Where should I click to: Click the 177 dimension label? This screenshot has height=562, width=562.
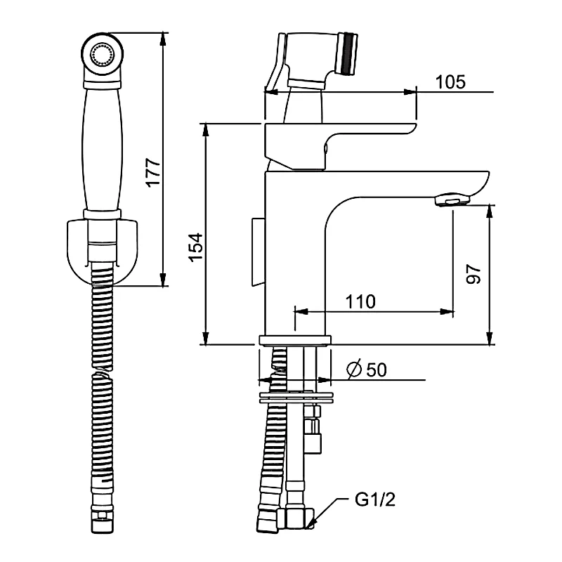point(154,172)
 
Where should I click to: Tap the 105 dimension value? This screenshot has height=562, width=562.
point(450,81)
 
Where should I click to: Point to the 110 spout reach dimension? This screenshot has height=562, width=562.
point(360,301)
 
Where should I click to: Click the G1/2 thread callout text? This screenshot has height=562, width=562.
point(371,500)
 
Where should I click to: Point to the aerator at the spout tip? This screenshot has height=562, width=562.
point(452,202)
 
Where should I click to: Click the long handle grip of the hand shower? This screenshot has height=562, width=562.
point(103,148)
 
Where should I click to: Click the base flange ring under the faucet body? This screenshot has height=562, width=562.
point(294,341)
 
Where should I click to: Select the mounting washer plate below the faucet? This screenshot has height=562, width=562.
point(295,398)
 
